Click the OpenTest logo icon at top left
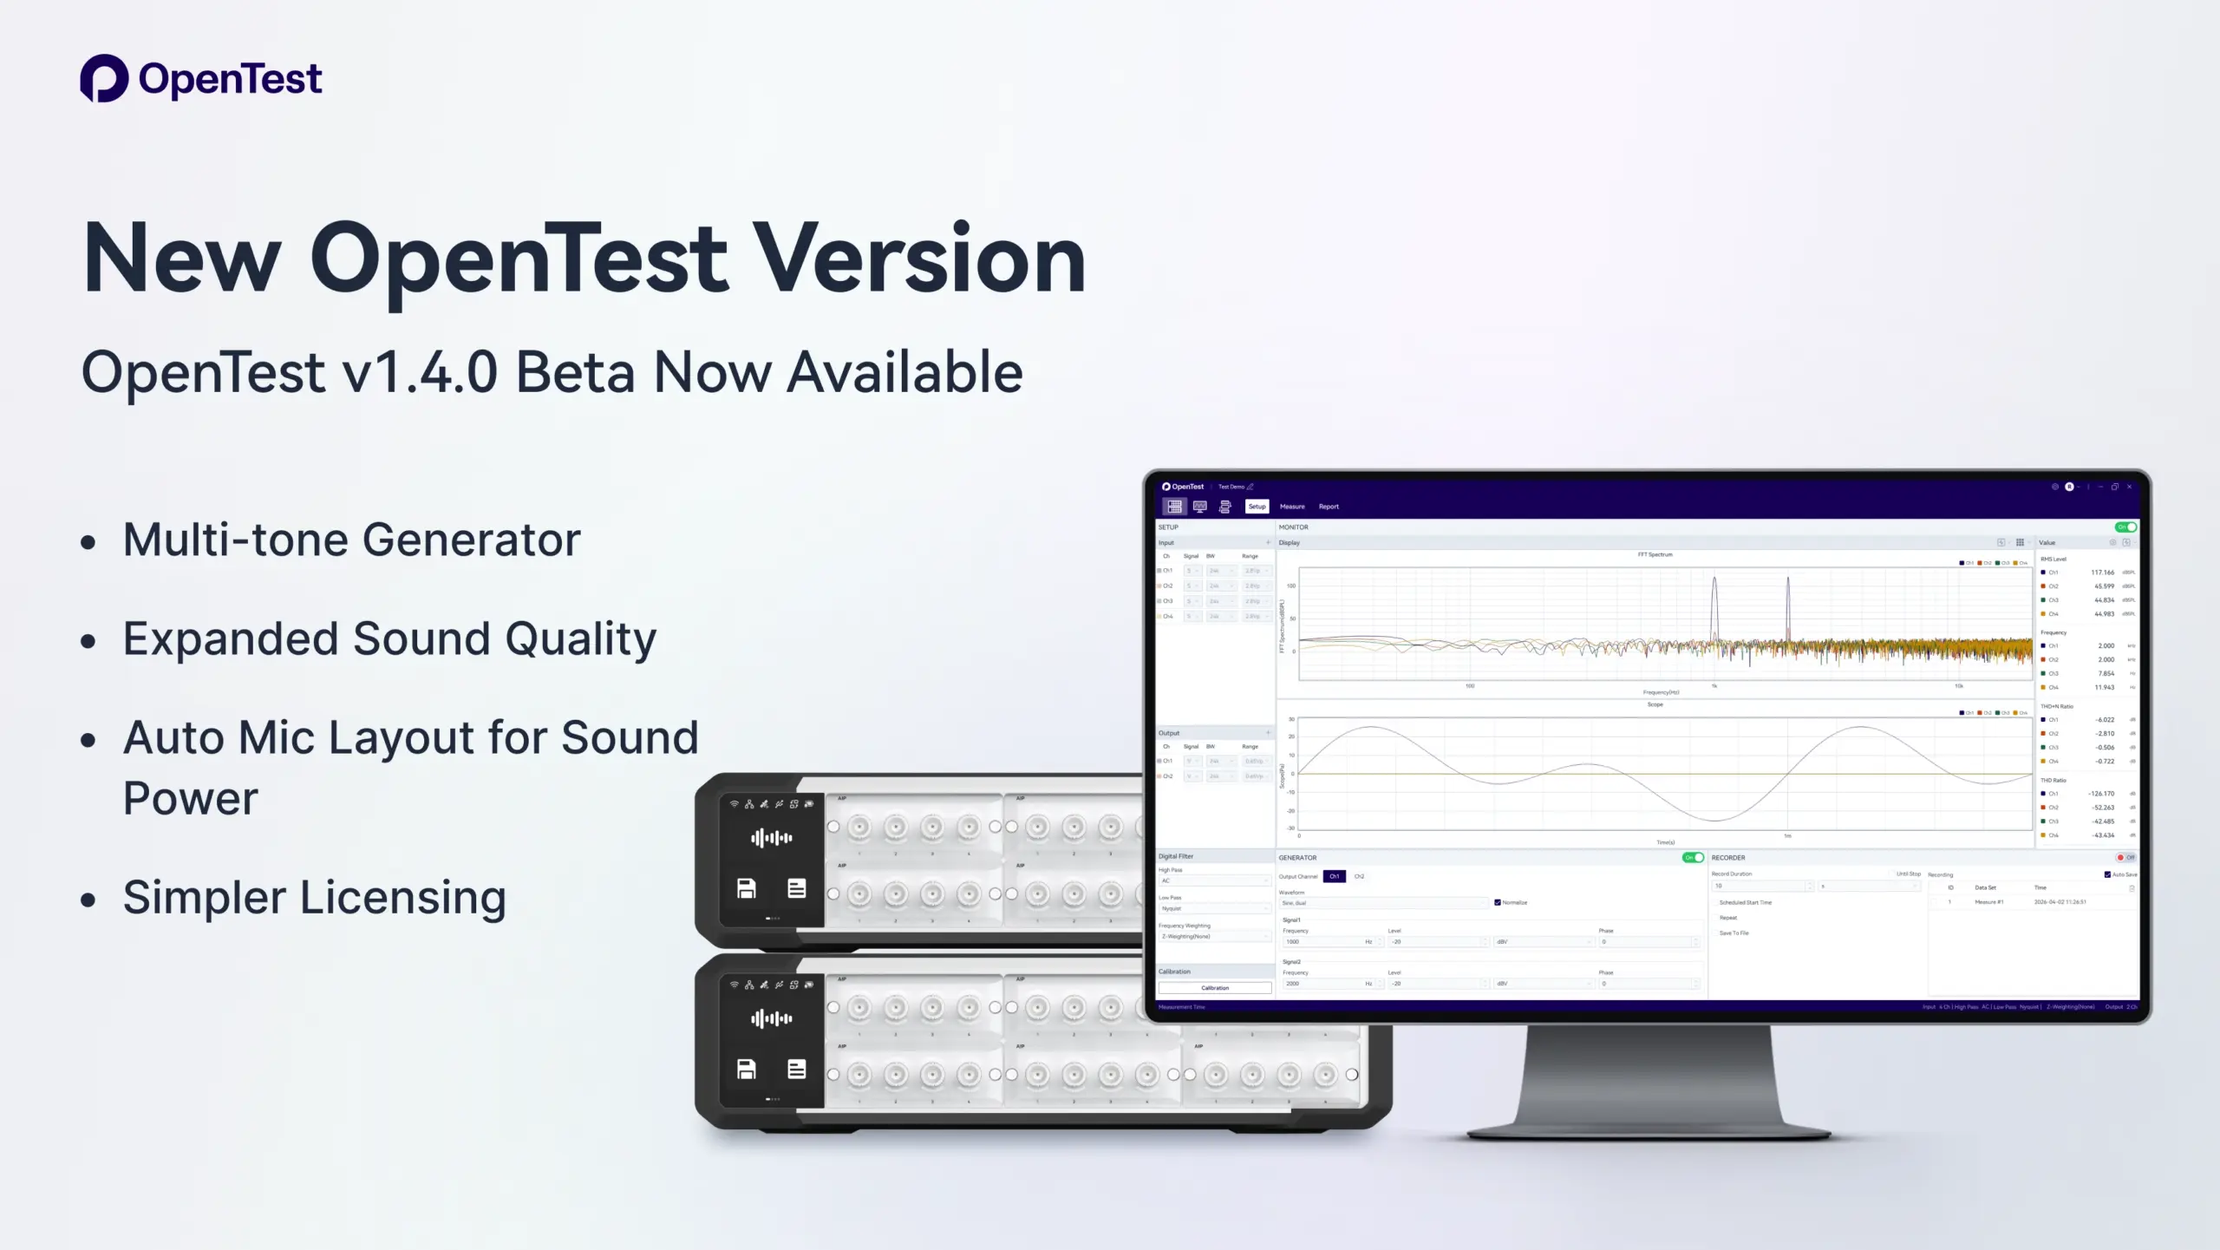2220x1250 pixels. [x=104, y=78]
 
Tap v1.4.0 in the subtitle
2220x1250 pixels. [x=420, y=372]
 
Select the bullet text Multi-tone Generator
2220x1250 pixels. [x=351, y=540]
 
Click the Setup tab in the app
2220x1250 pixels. [x=1257, y=507]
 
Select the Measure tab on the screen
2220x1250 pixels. [x=1292, y=507]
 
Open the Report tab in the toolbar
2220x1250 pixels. [x=1329, y=507]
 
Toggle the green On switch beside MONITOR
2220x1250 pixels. [x=2125, y=527]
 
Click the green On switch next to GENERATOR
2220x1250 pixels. [x=1693, y=858]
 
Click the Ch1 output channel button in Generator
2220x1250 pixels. [x=1335, y=877]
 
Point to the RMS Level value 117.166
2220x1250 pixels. [x=2102, y=573]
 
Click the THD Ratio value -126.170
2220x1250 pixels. [x=2101, y=794]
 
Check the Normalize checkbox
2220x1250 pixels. [x=1498, y=903]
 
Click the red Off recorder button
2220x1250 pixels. [x=2125, y=858]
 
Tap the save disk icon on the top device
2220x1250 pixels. [x=746, y=888]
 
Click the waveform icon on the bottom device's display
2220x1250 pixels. [x=771, y=1018]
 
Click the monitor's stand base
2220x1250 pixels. [x=1648, y=1128]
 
